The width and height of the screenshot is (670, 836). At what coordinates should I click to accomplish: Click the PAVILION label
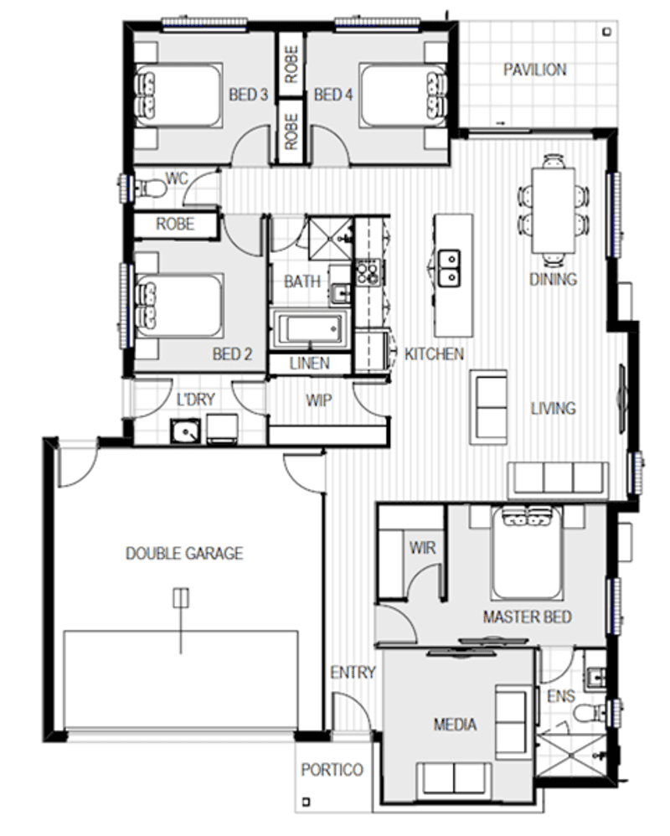(534, 70)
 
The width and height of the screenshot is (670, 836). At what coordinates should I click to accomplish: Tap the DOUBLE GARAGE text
(184, 554)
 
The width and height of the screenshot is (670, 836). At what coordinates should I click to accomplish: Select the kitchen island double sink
(450, 266)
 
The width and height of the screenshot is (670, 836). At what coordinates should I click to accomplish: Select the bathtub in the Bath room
(311, 328)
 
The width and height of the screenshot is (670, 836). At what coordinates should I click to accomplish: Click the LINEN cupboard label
(309, 364)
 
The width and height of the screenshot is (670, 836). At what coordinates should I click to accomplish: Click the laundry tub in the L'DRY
(184, 432)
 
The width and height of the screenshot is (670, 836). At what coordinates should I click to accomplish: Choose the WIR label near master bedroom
(421, 548)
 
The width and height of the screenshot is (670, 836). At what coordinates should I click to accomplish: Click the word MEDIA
(456, 724)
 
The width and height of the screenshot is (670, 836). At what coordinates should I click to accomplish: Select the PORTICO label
(332, 770)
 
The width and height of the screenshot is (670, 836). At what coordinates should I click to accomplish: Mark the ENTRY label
(353, 673)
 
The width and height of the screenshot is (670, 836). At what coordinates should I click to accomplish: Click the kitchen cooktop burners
(368, 271)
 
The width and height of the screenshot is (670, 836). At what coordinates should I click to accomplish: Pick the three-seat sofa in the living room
(559, 478)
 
